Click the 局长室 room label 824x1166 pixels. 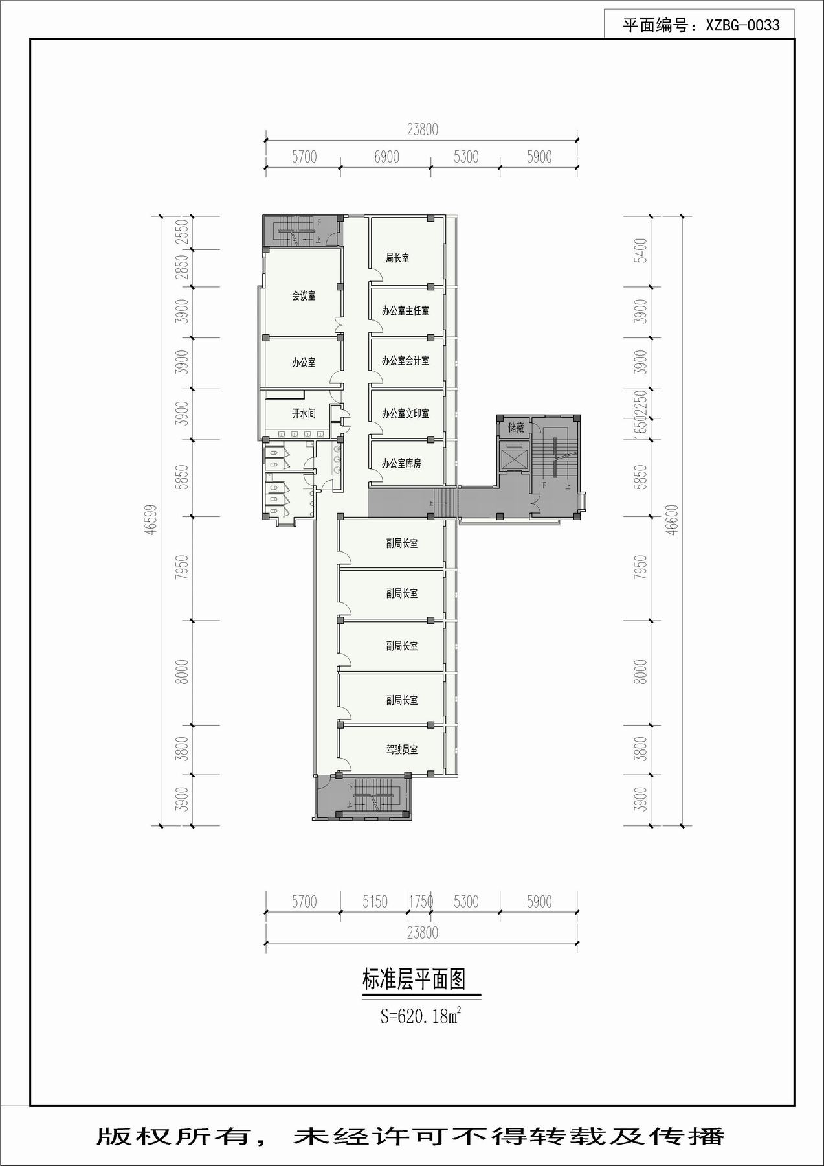tap(397, 258)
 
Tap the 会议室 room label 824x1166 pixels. tap(304, 296)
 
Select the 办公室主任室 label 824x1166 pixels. tap(405, 311)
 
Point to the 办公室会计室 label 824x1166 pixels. tap(405, 361)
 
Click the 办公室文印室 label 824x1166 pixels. tap(405, 413)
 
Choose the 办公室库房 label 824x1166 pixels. tap(401, 464)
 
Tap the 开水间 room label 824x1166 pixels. tap(304, 413)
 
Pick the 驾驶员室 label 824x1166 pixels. tap(402, 749)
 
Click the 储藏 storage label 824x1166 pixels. tap(516, 428)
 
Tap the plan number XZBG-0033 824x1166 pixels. tap(742, 25)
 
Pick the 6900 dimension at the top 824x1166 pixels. tap(386, 157)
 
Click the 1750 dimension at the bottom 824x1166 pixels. tap(421, 902)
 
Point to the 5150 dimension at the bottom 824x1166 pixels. tap(375, 902)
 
